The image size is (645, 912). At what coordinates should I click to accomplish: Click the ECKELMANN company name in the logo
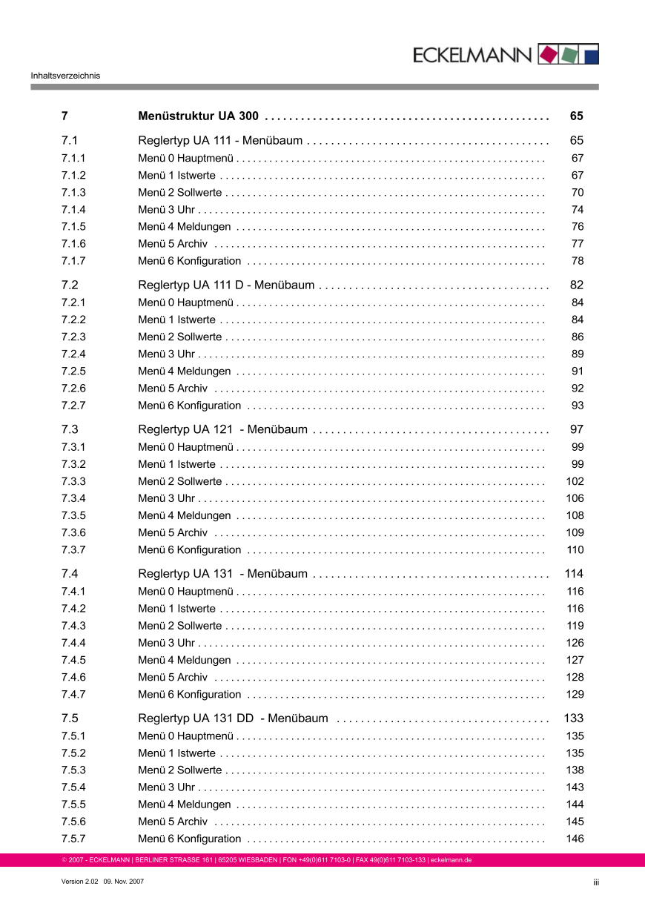click(x=472, y=55)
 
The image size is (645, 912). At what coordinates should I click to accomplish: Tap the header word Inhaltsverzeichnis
click(x=65, y=75)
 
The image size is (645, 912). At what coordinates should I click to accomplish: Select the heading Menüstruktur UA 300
click(x=198, y=116)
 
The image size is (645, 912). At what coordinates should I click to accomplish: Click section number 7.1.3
click(x=73, y=193)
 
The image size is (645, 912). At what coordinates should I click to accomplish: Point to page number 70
click(x=578, y=193)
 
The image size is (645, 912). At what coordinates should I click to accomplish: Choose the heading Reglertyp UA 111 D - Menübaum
click(x=226, y=285)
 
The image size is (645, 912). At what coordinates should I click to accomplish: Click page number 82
click(x=577, y=285)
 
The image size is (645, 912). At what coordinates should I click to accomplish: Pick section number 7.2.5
click(x=73, y=371)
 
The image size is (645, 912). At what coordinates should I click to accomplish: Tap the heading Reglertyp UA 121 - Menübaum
click(x=222, y=429)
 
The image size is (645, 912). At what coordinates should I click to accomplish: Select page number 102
click(x=575, y=481)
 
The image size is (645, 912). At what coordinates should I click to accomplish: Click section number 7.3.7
click(x=73, y=550)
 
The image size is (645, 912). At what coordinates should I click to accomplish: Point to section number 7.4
click(x=70, y=574)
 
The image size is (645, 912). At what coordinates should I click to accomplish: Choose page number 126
click(x=575, y=643)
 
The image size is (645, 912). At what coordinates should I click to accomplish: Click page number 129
click(x=575, y=695)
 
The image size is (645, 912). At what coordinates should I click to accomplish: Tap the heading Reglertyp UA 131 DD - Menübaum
click(x=233, y=718)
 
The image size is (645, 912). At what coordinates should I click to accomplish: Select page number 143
click(x=575, y=787)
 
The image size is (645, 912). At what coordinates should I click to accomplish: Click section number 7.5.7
click(x=73, y=839)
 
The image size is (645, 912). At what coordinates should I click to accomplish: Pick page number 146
click(x=575, y=839)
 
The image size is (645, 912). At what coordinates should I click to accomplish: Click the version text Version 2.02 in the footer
click(x=79, y=882)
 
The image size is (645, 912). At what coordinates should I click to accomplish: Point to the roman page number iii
click(x=595, y=882)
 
